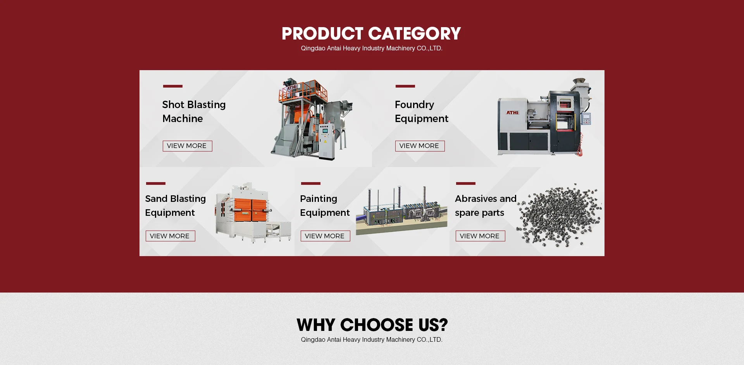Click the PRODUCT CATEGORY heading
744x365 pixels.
click(371, 34)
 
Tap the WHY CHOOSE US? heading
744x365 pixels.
click(372, 325)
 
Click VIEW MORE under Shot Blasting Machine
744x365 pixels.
click(187, 146)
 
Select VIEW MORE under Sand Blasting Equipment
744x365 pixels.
click(170, 236)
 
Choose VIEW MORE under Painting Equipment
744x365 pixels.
click(325, 236)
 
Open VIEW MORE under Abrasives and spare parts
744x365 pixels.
click(480, 236)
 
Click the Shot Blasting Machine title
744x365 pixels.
click(194, 112)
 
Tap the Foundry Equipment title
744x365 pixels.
click(422, 112)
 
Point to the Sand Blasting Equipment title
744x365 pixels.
click(175, 206)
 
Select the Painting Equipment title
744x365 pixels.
click(325, 206)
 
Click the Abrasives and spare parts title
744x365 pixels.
click(486, 206)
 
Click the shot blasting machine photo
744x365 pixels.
click(312, 119)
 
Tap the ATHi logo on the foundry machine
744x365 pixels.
click(512, 113)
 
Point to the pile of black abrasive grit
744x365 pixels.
click(559, 215)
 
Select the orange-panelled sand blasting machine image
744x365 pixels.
click(253, 212)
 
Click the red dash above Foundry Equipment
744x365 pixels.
click(405, 86)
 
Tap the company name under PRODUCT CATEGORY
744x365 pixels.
click(372, 48)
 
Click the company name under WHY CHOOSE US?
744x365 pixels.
click(372, 340)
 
